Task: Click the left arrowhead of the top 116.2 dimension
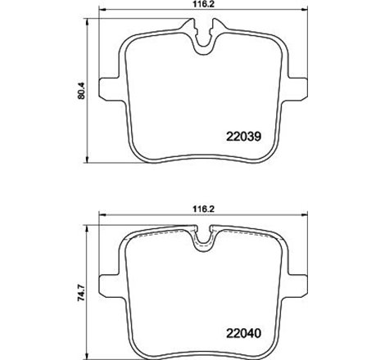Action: click(101, 16)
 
